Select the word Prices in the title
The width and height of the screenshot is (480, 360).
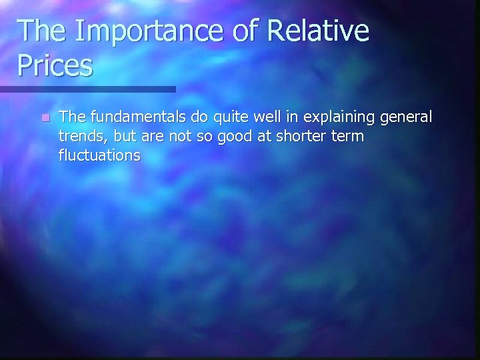[55, 65]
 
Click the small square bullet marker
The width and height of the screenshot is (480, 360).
[44, 118]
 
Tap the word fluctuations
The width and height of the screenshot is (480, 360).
[100, 156]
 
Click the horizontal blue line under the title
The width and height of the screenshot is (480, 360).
[87, 89]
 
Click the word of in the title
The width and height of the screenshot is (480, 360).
[237, 31]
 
